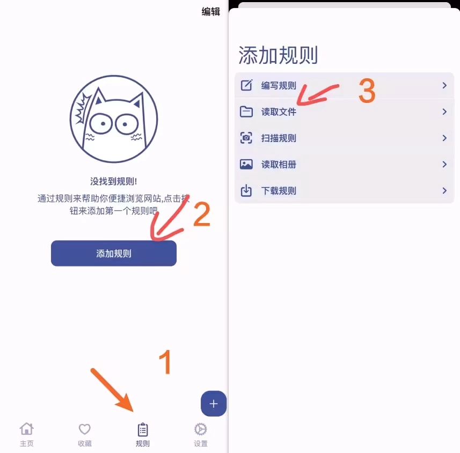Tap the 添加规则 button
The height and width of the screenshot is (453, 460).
click(114, 254)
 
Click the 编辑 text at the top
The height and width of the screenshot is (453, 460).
click(210, 11)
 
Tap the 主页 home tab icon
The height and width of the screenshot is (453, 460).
click(26, 429)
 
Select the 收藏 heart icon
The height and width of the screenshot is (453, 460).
click(85, 429)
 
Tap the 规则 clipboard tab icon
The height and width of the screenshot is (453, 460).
click(143, 429)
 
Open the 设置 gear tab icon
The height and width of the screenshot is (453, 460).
click(201, 429)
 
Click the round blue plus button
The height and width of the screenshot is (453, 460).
click(214, 404)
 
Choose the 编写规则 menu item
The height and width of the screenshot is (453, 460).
click(279, 86)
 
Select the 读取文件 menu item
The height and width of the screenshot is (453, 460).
click(279, 112)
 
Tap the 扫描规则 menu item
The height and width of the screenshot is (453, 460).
click(279, 138)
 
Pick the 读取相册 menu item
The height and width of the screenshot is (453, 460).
click(279, 165)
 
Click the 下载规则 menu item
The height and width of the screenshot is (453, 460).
click(279, 191)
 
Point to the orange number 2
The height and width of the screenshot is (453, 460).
click(201, 214)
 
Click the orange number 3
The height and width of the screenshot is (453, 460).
click(367, 91)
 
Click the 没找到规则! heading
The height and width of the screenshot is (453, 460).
click(114, 181)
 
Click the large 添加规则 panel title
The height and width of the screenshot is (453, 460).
click(278, 56)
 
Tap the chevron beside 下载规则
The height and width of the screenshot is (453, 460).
click(444, 191)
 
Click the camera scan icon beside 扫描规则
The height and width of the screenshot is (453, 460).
click(246, 138)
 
